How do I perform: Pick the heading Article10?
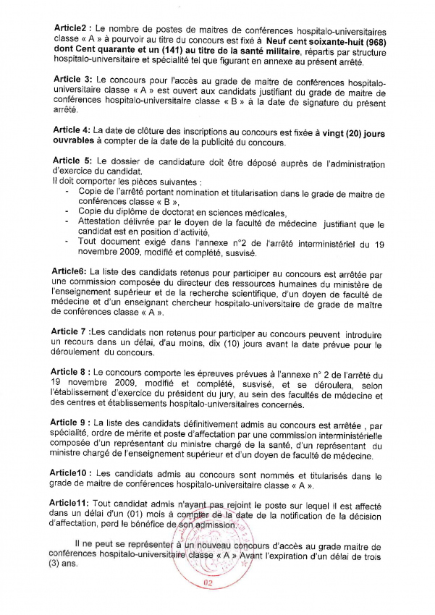pyautogui.click(x=72, y=474)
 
